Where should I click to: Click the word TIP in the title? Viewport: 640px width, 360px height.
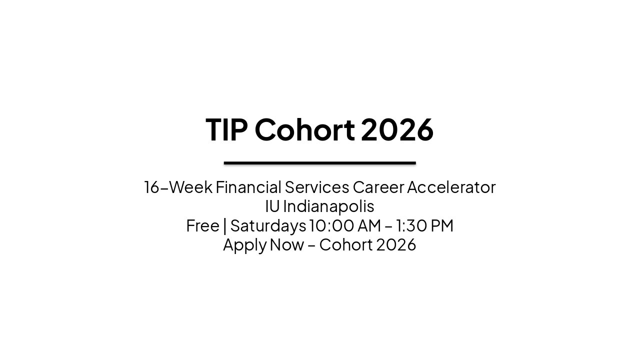[x=226, y=130]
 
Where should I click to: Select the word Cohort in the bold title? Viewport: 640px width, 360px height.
[x=304, y=130]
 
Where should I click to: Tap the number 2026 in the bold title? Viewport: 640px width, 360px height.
[x=397, y=130]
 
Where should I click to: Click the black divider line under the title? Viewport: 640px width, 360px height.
[x=319, y=163]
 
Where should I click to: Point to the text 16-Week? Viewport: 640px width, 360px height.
[x=177, y=187]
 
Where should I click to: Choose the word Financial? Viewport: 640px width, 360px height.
[x=248, y=187]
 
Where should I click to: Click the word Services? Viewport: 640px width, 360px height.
[x=316, y=187]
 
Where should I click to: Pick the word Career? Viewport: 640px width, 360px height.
[x=378, y=187]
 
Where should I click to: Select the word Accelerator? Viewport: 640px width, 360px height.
[x=451, y=187]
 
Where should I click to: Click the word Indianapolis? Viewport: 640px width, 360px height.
[x=328, y=206]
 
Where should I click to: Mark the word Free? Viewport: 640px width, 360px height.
[x=202, y=225]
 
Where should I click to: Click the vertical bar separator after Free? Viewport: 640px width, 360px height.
[x=225, y=226]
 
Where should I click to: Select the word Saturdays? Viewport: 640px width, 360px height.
[x=268, y=225]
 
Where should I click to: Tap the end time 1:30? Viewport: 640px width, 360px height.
[x=409, y=225]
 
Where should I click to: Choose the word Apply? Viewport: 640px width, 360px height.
[x=244, y=245]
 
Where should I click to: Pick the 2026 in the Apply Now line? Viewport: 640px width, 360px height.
[x=396, y=245]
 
